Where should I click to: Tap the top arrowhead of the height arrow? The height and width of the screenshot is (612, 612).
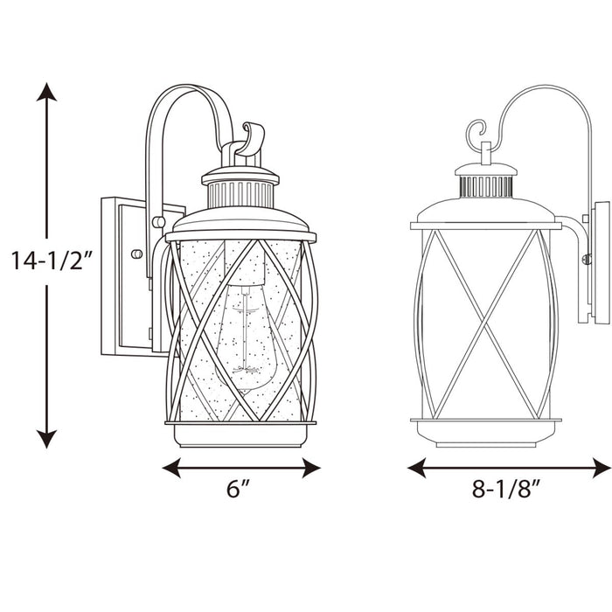tap(47, 93)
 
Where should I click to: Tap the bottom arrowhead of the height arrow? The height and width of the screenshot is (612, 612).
tap(47, 437)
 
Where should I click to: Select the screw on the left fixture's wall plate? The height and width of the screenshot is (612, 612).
tap(136, 254)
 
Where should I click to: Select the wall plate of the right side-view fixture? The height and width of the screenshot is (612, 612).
tap(602, 262)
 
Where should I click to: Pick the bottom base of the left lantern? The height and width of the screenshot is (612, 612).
tap(240, 434)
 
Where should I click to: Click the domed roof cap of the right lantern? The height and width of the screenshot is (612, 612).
tap(485, 210)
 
